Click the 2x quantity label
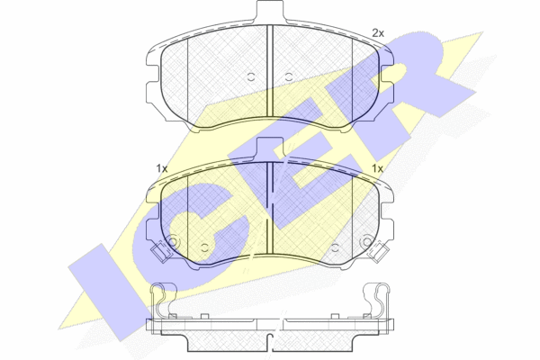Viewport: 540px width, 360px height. pyautogui.click(x=378, y=33)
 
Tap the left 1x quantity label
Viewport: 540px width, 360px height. pyautogui.click(x=161, y=169)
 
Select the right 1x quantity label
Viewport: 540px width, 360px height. pyautogui.click(x=377, y=169)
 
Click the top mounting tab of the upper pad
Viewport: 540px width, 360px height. pyautogui.click(x=270, y=11)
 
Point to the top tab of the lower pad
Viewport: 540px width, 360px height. pyautogui.click(x=270, y=146)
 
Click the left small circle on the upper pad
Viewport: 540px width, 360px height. pyautogui.click(x=251, y=76)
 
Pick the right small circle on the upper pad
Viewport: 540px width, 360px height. pyautogui.click(x=289, y=76)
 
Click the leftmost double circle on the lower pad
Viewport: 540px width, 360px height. pyautogui.click(x=172, y=242)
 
